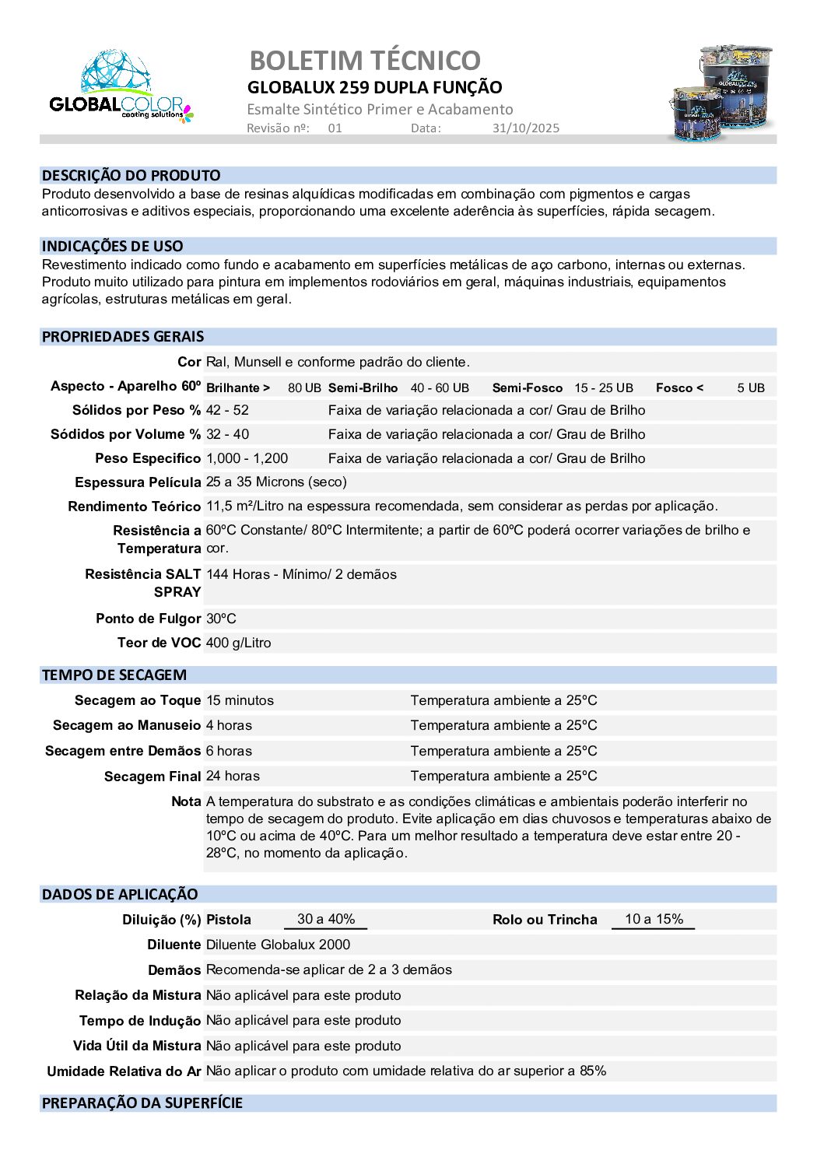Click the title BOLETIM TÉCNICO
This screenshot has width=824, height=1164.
pyautogui.click(x=365, y=60)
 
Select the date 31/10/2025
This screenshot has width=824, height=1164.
pyautogui.click(x=525, y=128)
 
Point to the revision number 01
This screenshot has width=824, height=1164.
pyautogui.click(x=335, y=128)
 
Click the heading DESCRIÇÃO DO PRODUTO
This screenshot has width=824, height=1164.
pyautogui.click(x=131, y=176)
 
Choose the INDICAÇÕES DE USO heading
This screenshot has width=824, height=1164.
pyautogui.click(x=113, y=247)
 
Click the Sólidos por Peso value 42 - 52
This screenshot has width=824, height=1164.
pyautogui.click(x=227, y=410)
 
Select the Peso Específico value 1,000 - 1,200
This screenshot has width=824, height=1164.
pyautogui.click(x=247, y=458)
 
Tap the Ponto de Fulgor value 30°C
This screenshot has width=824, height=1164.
pyautogui.click(x=221, y=619)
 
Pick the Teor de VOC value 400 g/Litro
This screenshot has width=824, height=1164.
pyautogui.click(x=238, y=643)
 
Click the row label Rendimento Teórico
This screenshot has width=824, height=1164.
pyautogui.click(x=134, y=507)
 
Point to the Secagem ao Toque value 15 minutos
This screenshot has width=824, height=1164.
pyautogui.click(x=240, y=700)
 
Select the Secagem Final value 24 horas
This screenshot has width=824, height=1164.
pyautogui.click(x=233, y=776)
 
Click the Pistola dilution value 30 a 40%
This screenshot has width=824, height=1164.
pyautogui.click(x=326, y=919)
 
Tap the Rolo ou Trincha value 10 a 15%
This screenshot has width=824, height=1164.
pyautogui.click(x=654, y=919)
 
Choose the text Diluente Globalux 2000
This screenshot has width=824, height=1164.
pyautogui.click(x=278, y=945)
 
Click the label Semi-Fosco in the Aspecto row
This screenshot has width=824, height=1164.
pyautogui.click(x=527, y=387)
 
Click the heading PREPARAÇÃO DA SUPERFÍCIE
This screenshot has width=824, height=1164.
pyautogui.click(x=142, y=1103)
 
